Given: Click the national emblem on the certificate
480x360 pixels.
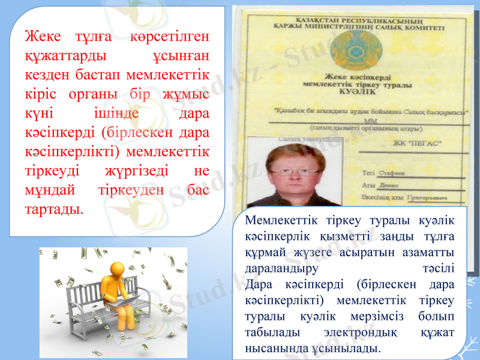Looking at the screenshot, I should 355,50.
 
